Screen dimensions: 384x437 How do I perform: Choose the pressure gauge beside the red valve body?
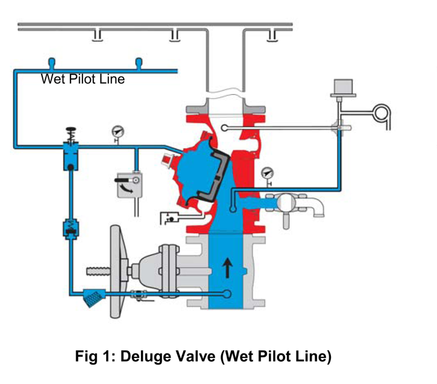[x=266, y=175]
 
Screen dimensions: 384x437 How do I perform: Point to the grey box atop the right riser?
[x=341, y=87]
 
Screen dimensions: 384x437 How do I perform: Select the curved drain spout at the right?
[x=317, y=208]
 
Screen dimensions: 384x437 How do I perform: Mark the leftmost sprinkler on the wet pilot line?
[x=52, y=63]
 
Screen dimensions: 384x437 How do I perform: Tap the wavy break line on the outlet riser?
[x=225, y=95]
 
